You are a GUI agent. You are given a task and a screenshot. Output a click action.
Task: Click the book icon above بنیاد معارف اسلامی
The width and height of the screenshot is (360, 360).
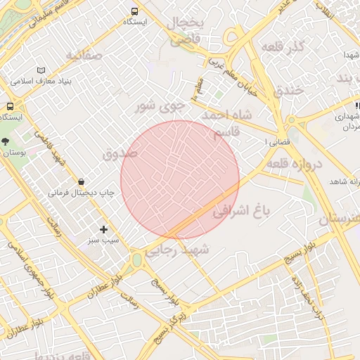[x=41, y=71]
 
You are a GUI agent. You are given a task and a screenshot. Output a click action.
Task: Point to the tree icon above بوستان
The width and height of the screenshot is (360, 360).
[x=6, y=141]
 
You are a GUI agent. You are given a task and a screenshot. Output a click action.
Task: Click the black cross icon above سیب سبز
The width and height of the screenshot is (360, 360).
[x=104, y=229]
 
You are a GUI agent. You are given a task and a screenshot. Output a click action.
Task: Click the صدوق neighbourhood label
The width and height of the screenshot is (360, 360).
[x=120, y=153]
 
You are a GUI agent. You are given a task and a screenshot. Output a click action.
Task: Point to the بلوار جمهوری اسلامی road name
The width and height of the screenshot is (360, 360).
[x=26, y=262]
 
